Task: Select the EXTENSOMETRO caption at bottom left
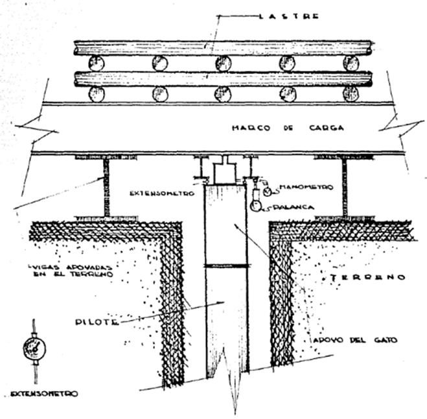click(44, 393)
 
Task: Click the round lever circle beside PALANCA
click(257, 207)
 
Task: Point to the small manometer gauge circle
click(267, 188)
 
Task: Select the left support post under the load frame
click(106, 188)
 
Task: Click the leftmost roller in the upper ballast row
click(96, 63)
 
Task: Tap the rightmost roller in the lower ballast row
click(351, 95)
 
